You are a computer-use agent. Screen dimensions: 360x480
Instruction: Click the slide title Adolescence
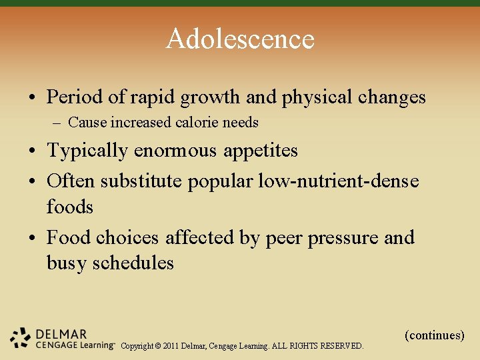pyautogui.click(x=240, y=39)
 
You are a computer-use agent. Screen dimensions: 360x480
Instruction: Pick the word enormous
pyautogui.click(x=175, y=151)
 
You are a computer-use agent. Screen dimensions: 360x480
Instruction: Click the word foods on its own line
pyautogui.click(x=70, y=207)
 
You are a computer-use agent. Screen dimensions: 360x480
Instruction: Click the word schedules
pyautogui.click(x=133, y=263)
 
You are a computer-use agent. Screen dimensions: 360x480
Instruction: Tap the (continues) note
pyautogui.click(x=434, y=335)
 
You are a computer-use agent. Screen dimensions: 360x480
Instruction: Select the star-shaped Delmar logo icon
pyautogui.click(x=21, y=338)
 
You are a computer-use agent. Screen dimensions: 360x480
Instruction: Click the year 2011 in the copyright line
pyautogui.click(x=192, y=346)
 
